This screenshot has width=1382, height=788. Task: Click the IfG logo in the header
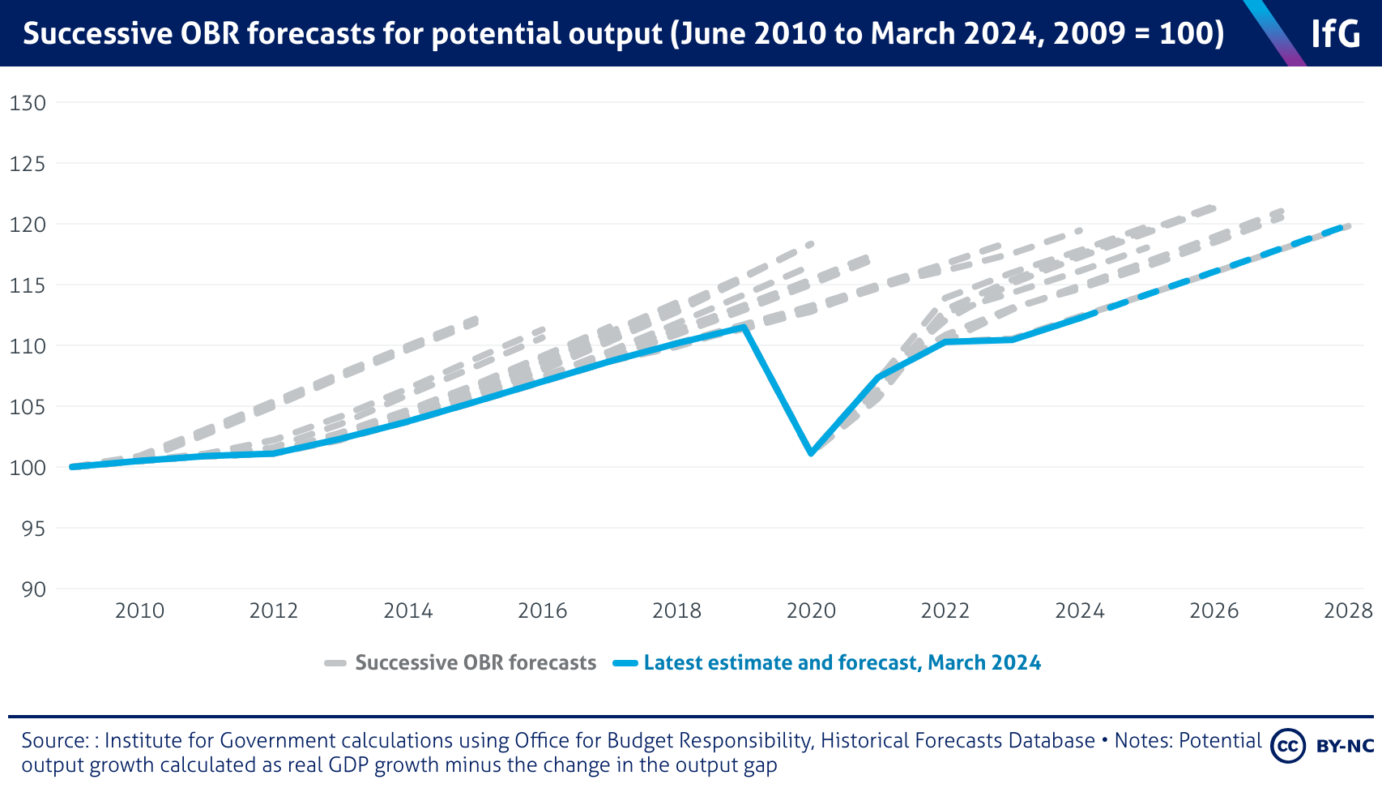point(1335,33)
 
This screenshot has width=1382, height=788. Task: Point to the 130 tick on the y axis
point(28,103)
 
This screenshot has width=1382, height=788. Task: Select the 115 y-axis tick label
point(28,285)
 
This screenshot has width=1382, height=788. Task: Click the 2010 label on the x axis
point(139,610)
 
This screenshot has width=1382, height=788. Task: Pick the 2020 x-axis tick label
point(811,610)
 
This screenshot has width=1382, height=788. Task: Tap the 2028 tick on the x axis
point(1348,610)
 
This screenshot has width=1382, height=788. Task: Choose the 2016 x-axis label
point(542,610)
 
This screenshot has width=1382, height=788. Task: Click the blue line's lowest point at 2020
point(811,453)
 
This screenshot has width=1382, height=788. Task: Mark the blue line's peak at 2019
point(744,327)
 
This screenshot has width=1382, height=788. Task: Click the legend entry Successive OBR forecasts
point(476,663)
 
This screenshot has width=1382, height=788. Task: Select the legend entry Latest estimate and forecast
point(842,663)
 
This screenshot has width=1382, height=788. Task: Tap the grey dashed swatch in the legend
point(335,663)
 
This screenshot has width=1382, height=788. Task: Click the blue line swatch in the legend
point(625,663)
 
